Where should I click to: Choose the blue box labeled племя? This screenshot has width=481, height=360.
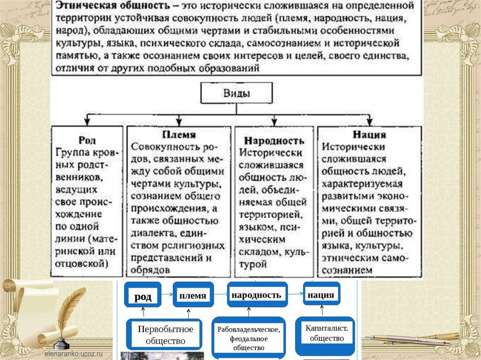click(x=193, y=295)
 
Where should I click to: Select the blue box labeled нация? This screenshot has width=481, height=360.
click(x=321, y=295)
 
